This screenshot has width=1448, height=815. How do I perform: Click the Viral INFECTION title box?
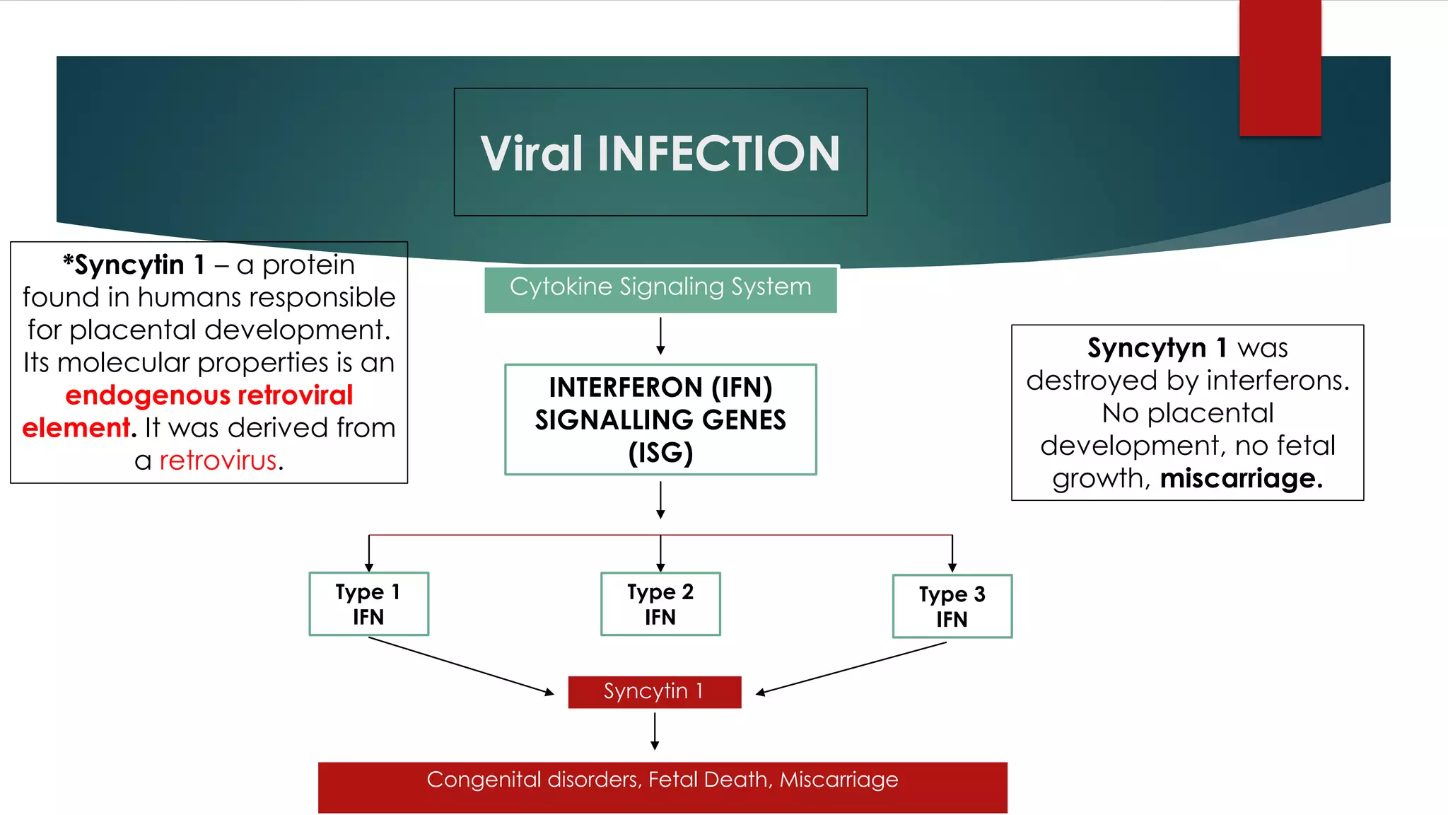[x=660, y=152]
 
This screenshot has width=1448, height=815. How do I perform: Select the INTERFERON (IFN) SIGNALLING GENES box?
[x=660, y=420]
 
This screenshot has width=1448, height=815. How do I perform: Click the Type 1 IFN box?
[x=368, y=604]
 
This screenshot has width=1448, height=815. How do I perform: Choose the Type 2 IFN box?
[x=660, y=604]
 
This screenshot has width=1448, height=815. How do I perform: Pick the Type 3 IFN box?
[x=952, y=606]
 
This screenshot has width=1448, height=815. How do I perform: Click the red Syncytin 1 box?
[x=654, y=692]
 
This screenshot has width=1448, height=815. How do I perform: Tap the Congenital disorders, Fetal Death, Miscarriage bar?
[x=662, y=787]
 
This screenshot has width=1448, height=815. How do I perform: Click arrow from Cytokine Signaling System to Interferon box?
[x=660, y=335]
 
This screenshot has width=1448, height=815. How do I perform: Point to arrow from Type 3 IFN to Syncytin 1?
[x=852, y=668]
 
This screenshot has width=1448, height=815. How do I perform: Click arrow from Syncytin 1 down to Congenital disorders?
[x=655, y=730]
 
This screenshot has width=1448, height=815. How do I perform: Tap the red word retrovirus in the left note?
[x=218, y=461]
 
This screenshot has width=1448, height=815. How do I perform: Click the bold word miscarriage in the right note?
[x=1241, y=479]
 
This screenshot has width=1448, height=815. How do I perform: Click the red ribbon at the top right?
[x=1280, y=67]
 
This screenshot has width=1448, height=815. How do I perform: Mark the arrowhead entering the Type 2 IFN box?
[x=660, y=567]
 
